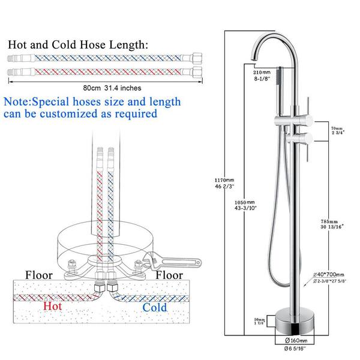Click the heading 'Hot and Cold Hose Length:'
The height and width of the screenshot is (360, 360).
pos(77,44)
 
